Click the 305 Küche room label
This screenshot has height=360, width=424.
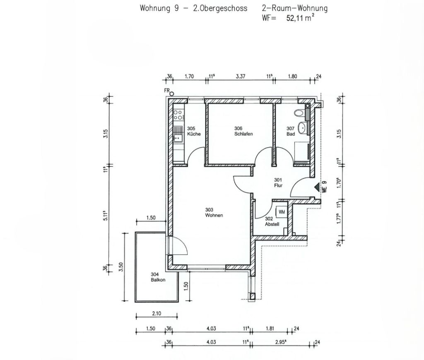coord(194,131)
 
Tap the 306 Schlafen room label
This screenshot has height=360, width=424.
coord(243,131)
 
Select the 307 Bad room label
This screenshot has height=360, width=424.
coord(291,131)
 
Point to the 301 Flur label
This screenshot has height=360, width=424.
coord(278,183)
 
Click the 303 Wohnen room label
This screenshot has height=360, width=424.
coord(214,212)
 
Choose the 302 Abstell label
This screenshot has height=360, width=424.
coord(272,222)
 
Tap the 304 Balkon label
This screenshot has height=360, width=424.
coord(158,277)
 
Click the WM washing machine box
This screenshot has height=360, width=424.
coord(281,212)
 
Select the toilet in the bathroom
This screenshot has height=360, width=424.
coord(299,113)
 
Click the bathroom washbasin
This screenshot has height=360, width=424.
coord(302,127)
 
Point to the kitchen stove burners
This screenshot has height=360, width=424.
coord(178,115)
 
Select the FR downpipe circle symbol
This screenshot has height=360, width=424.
coord(172,94)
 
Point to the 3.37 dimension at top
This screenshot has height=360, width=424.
coord(241,77)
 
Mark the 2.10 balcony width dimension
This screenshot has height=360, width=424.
coord(157,314)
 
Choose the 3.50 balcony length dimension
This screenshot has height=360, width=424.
coord(121,267)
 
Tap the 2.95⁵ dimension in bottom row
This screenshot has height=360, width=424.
coord(281,342)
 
